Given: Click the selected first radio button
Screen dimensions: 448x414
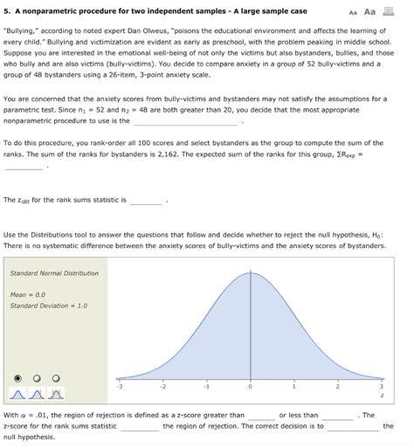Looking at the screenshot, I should coord(16,378).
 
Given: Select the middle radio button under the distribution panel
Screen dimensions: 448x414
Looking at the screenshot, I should coord(36,378).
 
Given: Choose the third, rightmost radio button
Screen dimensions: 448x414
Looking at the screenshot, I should coord(55,378).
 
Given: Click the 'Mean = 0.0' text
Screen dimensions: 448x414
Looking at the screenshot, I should coord(27,294).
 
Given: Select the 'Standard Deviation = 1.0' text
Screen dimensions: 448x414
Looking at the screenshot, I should coord(49,306).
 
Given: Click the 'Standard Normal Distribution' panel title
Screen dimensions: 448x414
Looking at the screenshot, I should coord(54,272).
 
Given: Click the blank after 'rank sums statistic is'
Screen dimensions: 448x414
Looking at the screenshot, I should coord(146,200).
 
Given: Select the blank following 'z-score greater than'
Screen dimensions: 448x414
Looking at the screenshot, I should coord(261,415).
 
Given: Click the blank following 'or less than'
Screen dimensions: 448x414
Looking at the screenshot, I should coord(337,415).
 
